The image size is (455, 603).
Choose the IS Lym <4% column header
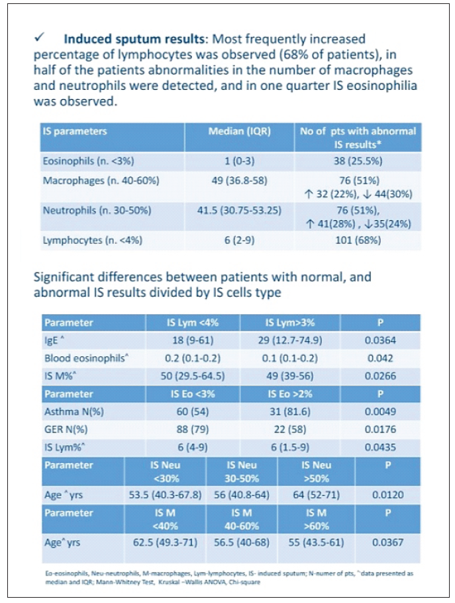click(x=193, y=323)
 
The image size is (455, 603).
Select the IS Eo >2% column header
click(x=289, y=394)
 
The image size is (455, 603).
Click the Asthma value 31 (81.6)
click(x=289, y=412)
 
